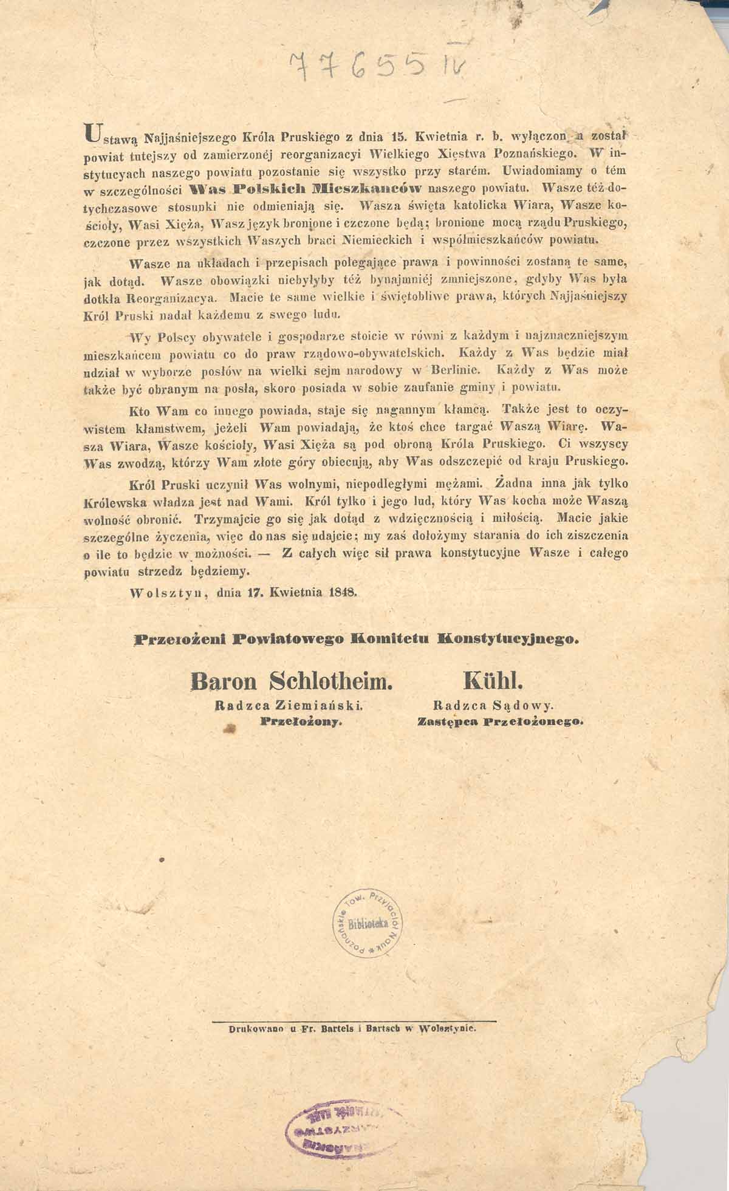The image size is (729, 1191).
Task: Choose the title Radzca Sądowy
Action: pyautogui.click(x=493, y=706)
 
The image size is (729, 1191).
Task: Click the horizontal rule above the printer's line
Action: pyautogui.click(x=355, y=1020)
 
